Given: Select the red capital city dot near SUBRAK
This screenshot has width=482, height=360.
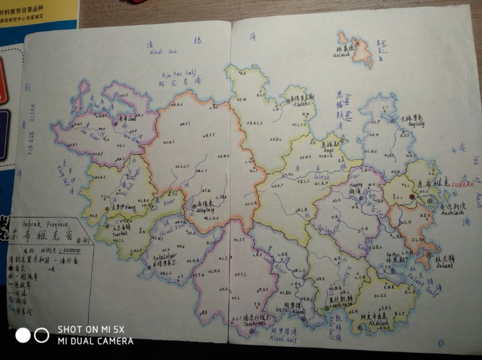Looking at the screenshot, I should pyautogui.click(x=412, y=196).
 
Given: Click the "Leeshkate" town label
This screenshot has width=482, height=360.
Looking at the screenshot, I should pyautogui.click(x=340, y=305).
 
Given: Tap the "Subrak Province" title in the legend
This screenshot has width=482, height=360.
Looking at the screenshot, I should pyautogui.click(x=38, y=222).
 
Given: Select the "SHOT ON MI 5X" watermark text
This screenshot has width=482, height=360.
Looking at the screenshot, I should pyautogui.click(x=91, y=329).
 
